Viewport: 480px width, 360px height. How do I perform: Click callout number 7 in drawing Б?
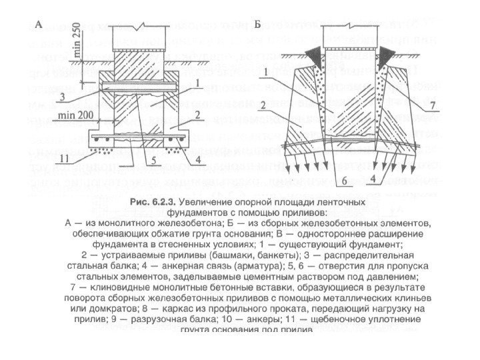(x=431, y=105)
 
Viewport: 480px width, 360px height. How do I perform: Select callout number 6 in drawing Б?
(x=344, y=181)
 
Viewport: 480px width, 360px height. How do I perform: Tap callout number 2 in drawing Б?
(x=264, y=104)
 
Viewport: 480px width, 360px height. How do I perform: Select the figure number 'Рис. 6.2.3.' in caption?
(x=155, y=201)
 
